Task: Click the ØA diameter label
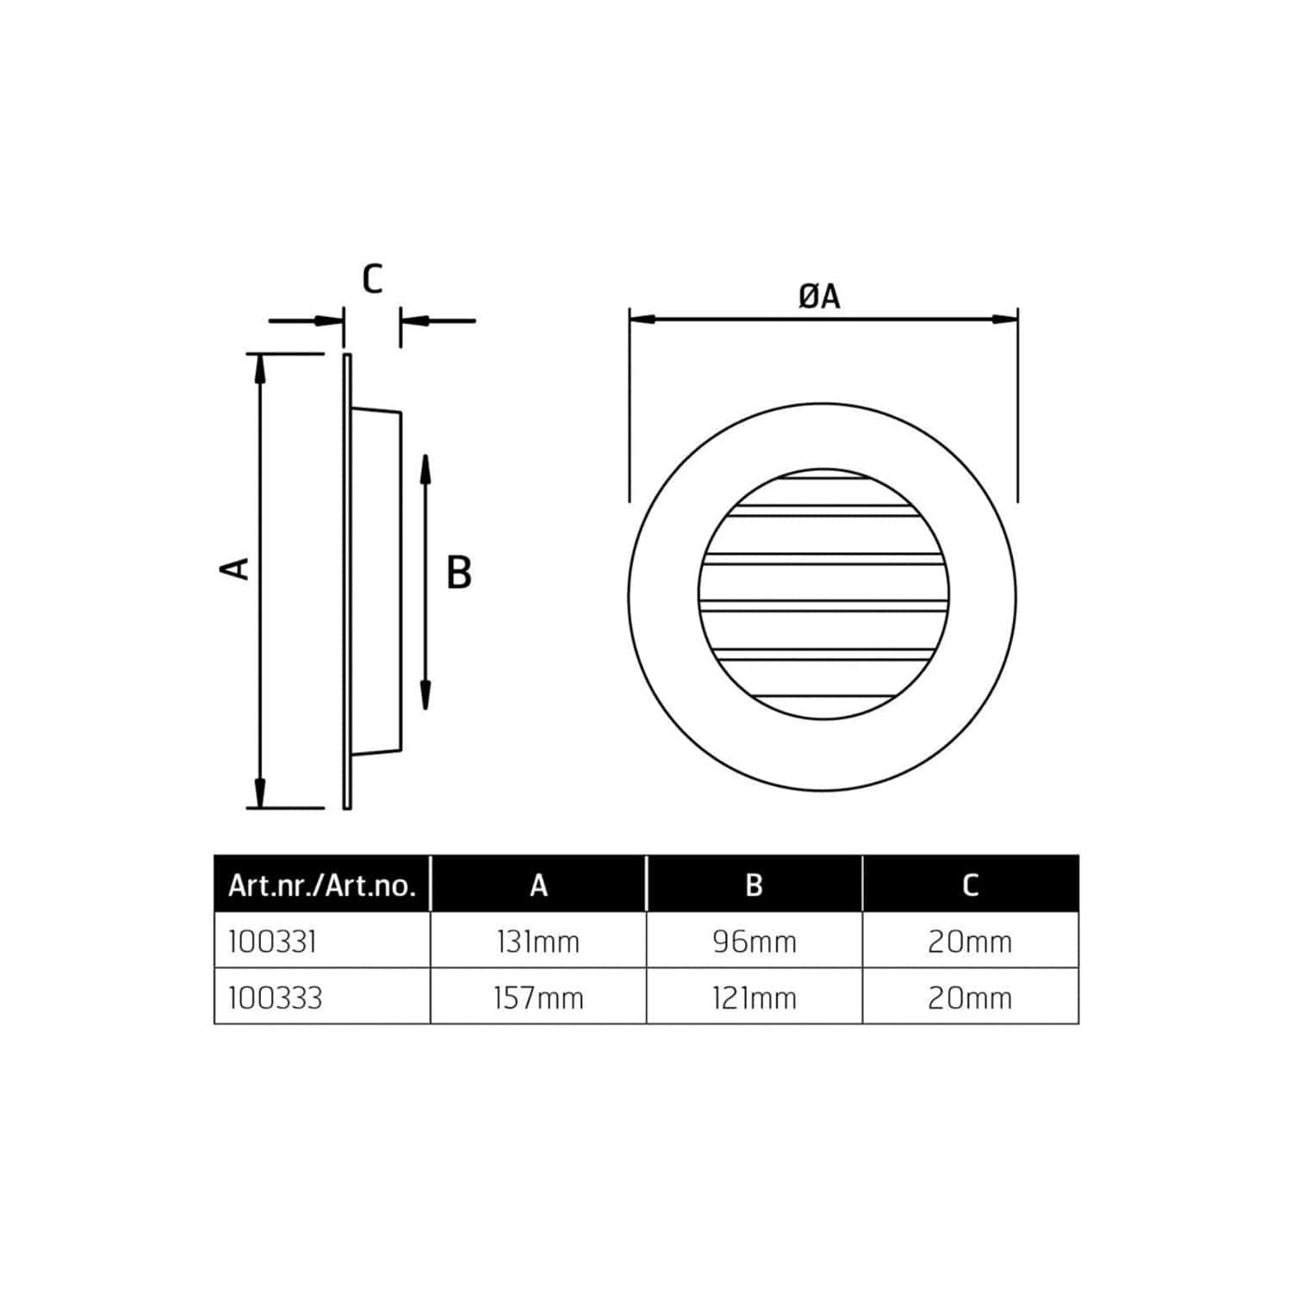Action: tap(819, 296)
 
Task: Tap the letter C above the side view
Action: tap(372, 279)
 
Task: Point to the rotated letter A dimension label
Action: tap(235, 568)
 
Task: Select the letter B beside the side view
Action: tap(459, 573)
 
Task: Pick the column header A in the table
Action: tap(538, 885)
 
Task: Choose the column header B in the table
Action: tap(754, 885)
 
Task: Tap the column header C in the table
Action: tap(971, 885)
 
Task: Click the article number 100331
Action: tap(273, 941)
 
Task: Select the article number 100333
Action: tap(276, 998)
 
